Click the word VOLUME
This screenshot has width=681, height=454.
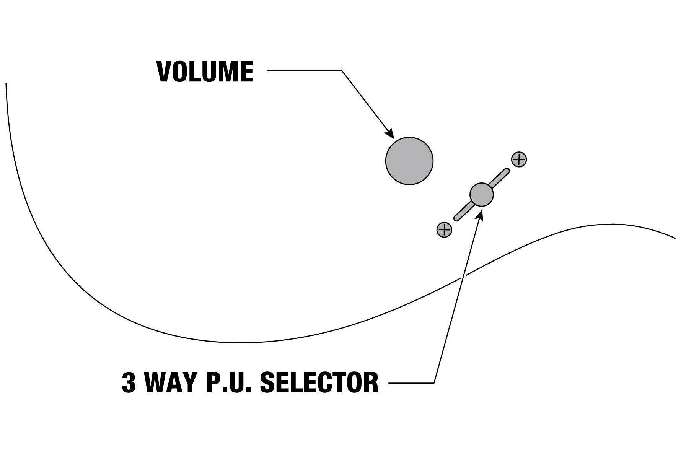coord(205,72)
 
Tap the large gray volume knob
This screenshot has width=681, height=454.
coord(409,161)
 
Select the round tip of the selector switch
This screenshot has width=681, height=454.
coord(481,195)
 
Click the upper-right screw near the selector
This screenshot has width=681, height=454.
coord(519,159)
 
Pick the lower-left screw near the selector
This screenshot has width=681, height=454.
coord(444,229)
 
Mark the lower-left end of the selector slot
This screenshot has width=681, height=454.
coord(456,218)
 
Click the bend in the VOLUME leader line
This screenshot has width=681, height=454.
coord(341,70)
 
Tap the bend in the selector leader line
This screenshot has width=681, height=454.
coord(434,382)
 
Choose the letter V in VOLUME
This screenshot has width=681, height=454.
coord(164,72)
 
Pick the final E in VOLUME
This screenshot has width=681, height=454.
coord(247,72)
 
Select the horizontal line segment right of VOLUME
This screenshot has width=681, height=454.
coord(305,70)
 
